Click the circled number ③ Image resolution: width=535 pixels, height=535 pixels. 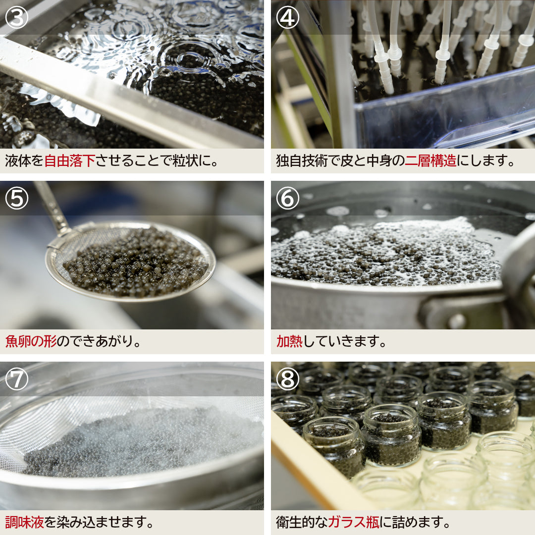pyautogui.click(x=16, y=17)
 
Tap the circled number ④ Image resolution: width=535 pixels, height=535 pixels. pyautogui.click(x=287, y=17)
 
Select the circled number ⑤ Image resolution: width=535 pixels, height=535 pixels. pyautogui.click(x=16, y=198)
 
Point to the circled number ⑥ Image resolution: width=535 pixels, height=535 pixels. pyautogui.click(x=287, y=198)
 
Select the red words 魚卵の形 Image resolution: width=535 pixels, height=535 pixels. pyautogui.click(x=31, y=342)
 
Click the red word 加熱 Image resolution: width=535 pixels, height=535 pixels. pyautogui.click(x=289, y=342)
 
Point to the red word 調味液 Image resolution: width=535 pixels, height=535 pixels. pyautogui.click(x=24, y=522)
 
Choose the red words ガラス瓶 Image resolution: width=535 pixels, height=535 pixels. pyautogui.click(x=354, y=522)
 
